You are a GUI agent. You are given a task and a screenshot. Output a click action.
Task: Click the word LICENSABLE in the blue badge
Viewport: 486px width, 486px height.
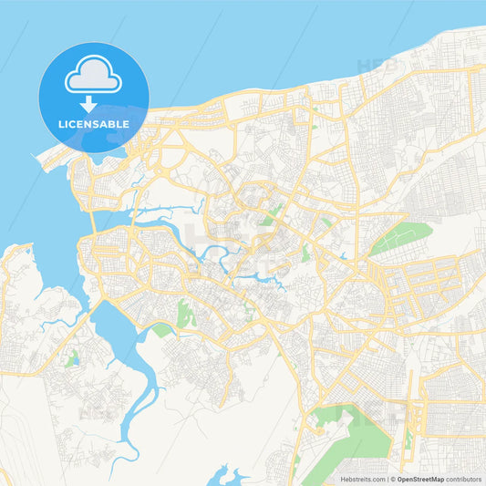pyautogui.click(x=94, y=123)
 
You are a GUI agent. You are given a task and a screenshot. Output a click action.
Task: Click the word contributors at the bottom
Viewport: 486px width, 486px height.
pyautogui.click(x=463, y=479)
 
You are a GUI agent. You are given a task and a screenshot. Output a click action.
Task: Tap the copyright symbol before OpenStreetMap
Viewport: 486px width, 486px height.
pyautogui.click(x=392, y=479)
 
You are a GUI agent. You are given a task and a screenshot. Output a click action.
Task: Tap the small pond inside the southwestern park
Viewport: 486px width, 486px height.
pyautogui.click(x=72, y=359)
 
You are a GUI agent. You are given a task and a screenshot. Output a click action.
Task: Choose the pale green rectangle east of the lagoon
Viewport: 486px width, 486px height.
pyautogui.click(x=162, y=330)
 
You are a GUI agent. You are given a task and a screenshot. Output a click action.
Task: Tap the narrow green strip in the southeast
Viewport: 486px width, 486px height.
pyautogui.click(x=408, y=438)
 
